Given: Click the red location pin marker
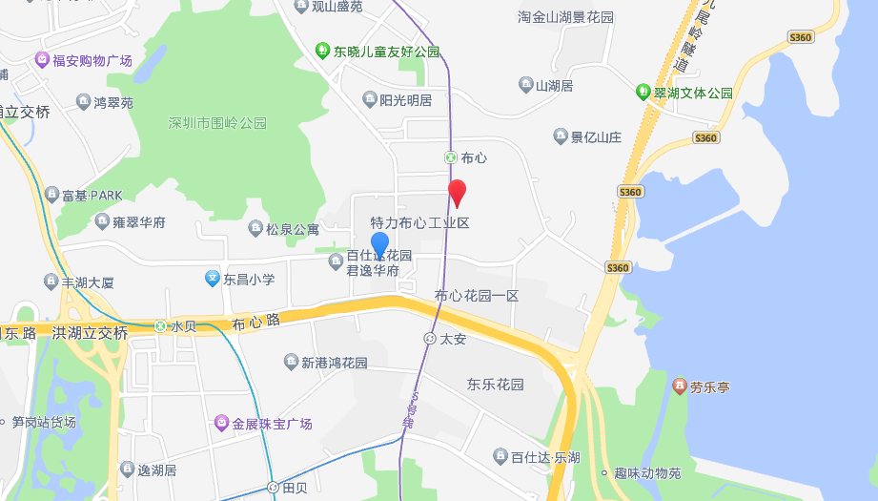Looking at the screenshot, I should (458, 192).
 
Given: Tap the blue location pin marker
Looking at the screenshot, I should (379, 244).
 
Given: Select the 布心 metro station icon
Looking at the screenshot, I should (450, 157).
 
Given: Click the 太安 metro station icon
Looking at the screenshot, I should (430, 338).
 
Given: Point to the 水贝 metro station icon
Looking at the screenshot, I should (160, 326).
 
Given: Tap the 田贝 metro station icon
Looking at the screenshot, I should (274, 488).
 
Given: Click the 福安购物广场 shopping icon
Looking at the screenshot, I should (42, 60).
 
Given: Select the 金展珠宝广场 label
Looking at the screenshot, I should (272, 423).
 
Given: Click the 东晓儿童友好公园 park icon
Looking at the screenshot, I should (323, 51).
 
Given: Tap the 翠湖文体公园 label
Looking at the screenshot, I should (693, 93).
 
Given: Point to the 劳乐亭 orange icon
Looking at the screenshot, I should (679, 386).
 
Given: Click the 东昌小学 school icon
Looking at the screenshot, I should (213, 279).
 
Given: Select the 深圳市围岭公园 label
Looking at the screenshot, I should (217, 123).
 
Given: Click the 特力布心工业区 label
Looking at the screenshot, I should (419, 223).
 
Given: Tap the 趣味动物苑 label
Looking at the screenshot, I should (647, 473).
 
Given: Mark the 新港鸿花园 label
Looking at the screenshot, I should (334, 363).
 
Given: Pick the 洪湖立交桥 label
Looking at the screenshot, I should (90, 333).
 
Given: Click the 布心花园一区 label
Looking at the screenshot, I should (477, 296).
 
